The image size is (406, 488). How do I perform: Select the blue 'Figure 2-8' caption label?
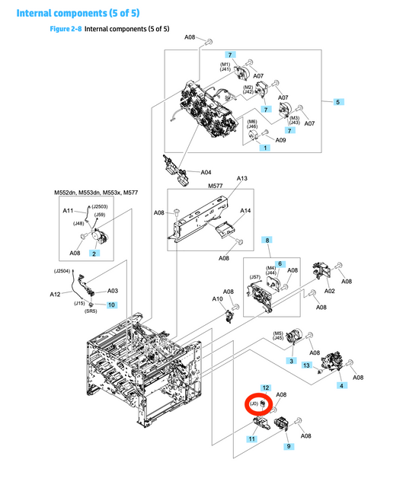click(65, 29)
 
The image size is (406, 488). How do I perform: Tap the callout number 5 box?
click(337, 100)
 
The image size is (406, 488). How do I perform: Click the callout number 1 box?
click(265, 147)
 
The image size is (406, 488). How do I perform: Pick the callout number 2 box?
click(93, 252)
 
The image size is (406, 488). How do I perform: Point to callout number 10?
click(111, 305)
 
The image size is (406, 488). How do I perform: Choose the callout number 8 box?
click(267, 240)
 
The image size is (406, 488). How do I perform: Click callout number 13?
click(306, 366)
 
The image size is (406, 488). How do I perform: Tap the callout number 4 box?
click(340, 385)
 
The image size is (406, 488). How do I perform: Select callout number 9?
click(289, 445)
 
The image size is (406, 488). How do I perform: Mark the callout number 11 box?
click(251, 439)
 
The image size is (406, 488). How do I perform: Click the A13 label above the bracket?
click(242, 178)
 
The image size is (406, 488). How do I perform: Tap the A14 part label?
click(245, 210)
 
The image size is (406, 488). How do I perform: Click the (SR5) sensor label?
click(89, 311)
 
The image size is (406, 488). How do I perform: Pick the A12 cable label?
click(55, 294)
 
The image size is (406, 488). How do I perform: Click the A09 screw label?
click(280, 139)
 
